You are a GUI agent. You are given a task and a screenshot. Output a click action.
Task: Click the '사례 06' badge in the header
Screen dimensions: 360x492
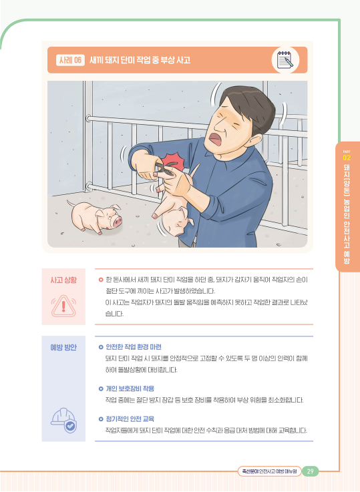70,60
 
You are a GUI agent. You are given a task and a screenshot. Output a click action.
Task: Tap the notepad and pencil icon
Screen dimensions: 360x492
285,60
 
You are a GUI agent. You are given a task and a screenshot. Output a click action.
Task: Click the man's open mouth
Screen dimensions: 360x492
215,138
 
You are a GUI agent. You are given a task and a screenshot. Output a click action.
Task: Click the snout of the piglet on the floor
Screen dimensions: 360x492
118,222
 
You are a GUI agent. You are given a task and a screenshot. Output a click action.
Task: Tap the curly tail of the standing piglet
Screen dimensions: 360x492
71,204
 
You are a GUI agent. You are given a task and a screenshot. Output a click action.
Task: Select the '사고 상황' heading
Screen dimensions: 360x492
63,280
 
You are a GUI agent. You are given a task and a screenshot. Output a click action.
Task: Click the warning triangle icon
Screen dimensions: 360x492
63,306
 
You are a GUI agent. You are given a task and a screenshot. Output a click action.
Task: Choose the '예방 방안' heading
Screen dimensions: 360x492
63,347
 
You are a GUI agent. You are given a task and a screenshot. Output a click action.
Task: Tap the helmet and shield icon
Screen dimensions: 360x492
63,421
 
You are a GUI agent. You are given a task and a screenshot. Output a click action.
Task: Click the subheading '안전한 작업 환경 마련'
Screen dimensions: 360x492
134,346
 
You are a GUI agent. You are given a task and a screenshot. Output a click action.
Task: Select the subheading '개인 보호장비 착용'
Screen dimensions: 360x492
130,389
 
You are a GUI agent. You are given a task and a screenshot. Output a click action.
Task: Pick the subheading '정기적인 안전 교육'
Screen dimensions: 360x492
130,419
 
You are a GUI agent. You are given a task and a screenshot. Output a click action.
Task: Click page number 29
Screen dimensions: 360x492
310,471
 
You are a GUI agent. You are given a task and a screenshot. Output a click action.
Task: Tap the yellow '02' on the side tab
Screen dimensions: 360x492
347,158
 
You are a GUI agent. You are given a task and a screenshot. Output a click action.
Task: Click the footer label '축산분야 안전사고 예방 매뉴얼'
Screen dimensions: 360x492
269,471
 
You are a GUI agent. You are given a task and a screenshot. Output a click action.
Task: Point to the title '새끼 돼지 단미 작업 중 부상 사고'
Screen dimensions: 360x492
140,60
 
